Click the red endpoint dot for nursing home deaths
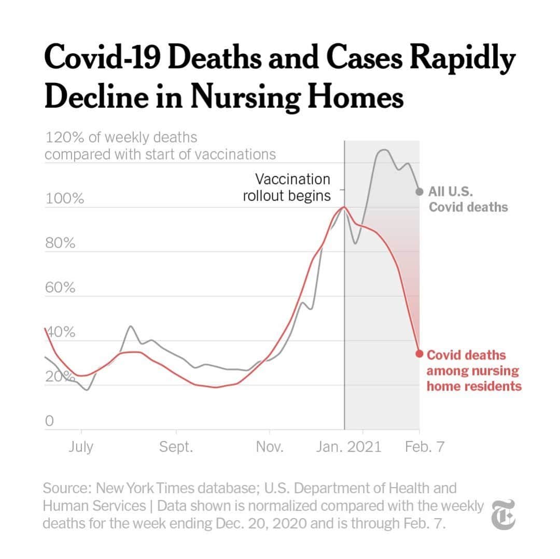click(x=419, y=353)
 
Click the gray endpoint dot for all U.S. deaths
click(x=419, y=192)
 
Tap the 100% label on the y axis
click(x=64, y=199)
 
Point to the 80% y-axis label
click(x=60, y=243)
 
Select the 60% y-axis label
click(x=60, y=288)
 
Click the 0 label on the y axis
click(x=50, y=422)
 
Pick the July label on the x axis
click(x=81, y=447)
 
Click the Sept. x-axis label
click(x=176, y=447)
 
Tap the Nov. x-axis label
click(x=270, y=447)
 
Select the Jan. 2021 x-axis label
click(x=348, y=447)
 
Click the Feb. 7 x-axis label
click(x=424, y=447)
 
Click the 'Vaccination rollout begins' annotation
click(x=287, y=188)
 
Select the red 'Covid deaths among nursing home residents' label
click(x=473, y=371)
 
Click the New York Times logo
click(x=503, y=515)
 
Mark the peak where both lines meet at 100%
click(x=344, y=207)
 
